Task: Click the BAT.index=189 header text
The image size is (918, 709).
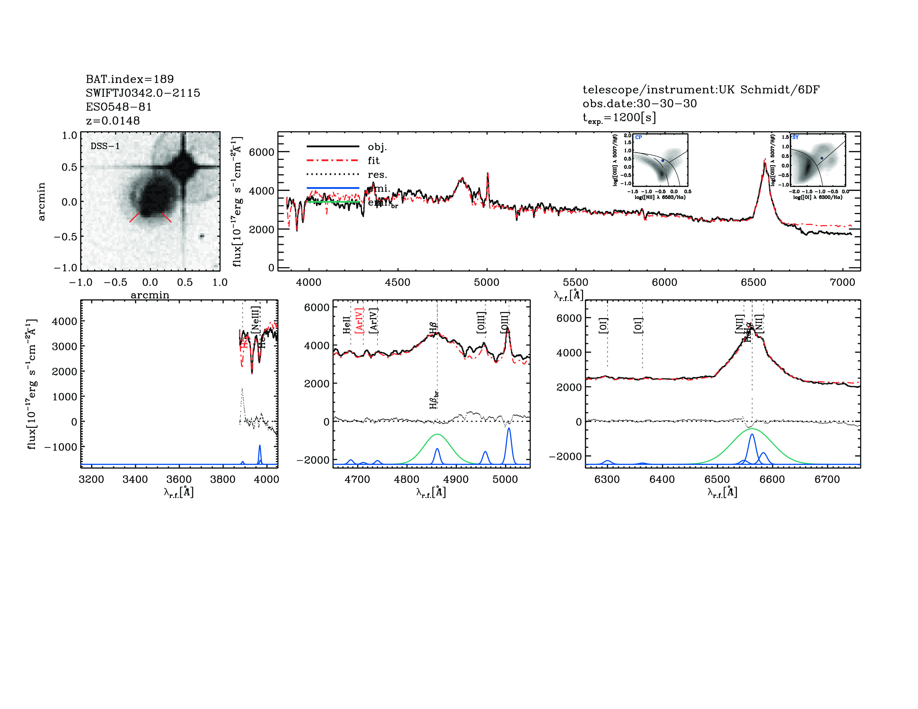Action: [x=129, y=79]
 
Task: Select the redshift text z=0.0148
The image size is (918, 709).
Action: [x=113, y=121]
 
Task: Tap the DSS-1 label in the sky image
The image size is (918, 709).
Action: [x=105, y=146]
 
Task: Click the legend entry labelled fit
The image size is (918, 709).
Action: [x=373, y=160]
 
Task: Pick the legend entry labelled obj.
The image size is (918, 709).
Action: [x=377, y=147]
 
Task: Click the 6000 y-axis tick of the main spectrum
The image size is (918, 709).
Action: [x=261, y=152]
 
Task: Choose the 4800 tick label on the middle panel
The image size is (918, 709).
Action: [x=406, y=479]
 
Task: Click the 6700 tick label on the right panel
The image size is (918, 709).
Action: [x=827, y=479]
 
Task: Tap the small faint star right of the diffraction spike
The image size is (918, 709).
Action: [x=202, y=236]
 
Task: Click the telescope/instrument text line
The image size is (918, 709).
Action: [x=701, y=90]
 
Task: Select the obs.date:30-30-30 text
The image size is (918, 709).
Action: [x=639, y=103]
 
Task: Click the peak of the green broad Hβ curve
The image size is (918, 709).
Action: [x=437, y=434]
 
